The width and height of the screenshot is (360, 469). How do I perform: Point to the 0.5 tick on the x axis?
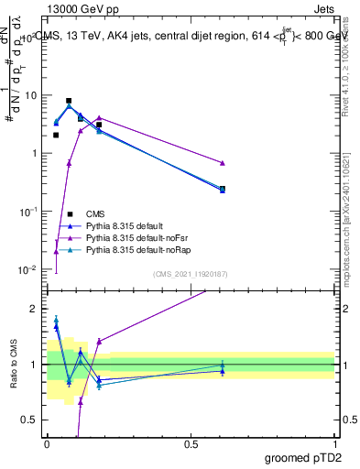pos(191,443)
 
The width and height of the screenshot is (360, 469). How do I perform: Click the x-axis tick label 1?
pos(335,443)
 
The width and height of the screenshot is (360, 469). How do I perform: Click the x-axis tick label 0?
pos(48,443)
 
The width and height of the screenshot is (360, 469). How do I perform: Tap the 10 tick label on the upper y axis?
pos(30,94)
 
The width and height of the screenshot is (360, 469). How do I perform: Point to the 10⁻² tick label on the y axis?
pos(27,269)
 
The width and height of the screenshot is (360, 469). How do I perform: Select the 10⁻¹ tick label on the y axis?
pos(27,212)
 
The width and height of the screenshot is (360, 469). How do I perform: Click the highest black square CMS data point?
pos(69,101)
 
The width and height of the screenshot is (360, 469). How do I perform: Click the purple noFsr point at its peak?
pos(99,117)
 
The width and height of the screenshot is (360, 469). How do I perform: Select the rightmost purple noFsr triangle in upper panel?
pos(223,163)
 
